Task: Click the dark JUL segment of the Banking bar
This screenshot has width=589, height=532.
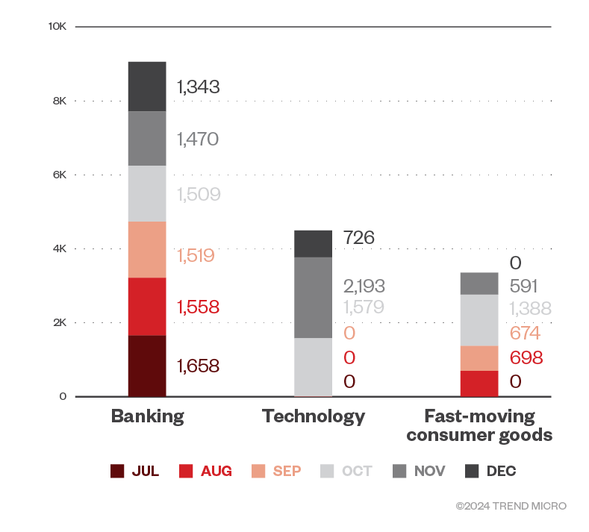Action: [146, 366]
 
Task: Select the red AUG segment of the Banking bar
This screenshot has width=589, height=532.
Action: [146, 306]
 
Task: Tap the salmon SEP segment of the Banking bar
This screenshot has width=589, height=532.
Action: [146, 249]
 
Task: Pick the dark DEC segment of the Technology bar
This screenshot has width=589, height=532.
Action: [313, 243]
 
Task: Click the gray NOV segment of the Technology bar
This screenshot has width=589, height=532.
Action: [313, 297]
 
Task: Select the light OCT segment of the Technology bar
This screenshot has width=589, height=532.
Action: [313, 366]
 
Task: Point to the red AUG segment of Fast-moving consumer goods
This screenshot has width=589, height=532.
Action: [479, 383]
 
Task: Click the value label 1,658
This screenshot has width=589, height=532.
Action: [198, 366]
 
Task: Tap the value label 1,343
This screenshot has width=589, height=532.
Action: [198, 87]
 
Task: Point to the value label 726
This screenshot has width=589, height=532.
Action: [359, 238]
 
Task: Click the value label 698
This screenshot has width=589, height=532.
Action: [526, 357]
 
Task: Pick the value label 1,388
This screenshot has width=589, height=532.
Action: [530, 310]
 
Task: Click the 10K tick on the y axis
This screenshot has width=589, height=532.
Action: [57, 26]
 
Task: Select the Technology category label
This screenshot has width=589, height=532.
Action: [314, 416]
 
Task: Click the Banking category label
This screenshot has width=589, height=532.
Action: [147, 416]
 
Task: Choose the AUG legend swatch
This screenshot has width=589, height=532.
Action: [187, 471]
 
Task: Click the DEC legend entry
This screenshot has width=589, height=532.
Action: [493, 471]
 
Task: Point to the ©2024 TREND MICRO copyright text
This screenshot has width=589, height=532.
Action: [511, 506]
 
